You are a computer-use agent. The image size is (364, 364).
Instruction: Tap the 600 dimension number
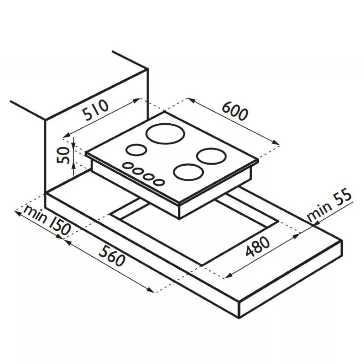(235, 112)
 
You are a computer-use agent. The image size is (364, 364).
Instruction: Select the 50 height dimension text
(63, 156)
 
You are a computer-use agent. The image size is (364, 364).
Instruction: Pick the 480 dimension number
(258, 246)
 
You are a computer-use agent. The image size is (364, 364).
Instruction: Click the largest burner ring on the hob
(166, 134)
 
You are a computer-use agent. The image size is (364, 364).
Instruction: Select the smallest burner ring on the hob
(136, 150)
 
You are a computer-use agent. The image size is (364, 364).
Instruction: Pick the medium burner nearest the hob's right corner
(211, 156)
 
